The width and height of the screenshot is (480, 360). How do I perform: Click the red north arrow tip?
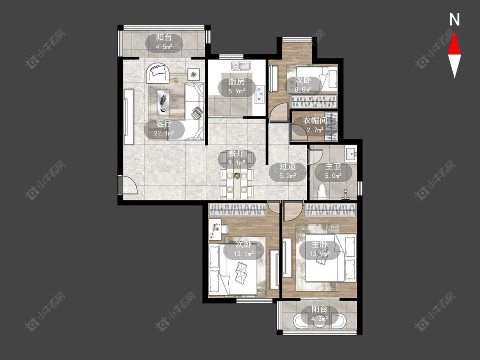click(454, 33)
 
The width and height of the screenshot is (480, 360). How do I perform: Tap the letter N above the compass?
click(454, 20)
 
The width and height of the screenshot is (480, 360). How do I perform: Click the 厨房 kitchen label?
click(237, 82)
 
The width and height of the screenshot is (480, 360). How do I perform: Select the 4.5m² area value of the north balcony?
click(164, 47)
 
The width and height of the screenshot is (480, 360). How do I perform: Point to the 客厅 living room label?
click(163, 124)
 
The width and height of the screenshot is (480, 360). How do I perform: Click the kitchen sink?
click(241, 66)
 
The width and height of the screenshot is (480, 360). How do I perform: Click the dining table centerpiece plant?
click(237, 176)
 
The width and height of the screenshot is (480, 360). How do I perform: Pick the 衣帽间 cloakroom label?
click(315, 121)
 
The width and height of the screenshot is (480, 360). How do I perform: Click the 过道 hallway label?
click(288, 166)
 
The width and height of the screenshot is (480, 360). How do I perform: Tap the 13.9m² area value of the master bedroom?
click(319, 254)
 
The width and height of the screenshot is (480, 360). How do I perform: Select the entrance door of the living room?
click(128, 185)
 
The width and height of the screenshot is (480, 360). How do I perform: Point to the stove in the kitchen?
click(260, 94)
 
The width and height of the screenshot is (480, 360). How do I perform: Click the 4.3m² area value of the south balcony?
click(320, 319)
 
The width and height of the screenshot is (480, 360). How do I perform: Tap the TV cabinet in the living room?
click(129, 116)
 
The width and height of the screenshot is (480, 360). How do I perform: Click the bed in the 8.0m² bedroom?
click(317, 78)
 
